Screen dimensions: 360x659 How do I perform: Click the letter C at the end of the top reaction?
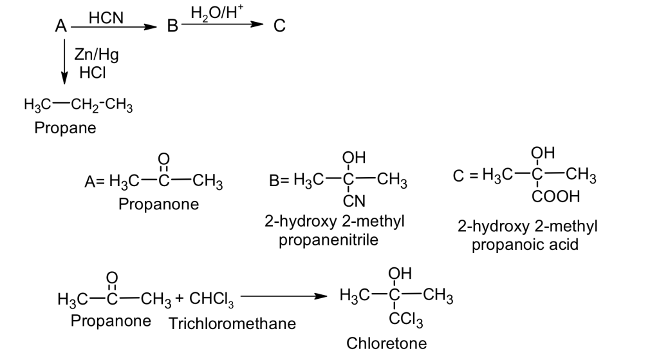click(x=279, y=26)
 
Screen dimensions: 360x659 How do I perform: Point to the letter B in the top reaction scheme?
click(x=172, y=27)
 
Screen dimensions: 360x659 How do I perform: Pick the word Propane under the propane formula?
click(x=65, y=128)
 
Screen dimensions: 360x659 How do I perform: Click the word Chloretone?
click(x=386, y=343)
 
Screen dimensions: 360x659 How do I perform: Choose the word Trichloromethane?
click(x=232, y=323)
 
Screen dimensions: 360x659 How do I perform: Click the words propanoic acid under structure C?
click(x=525, y=245)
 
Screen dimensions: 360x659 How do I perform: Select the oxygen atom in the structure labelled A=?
click(x=163, y=159)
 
